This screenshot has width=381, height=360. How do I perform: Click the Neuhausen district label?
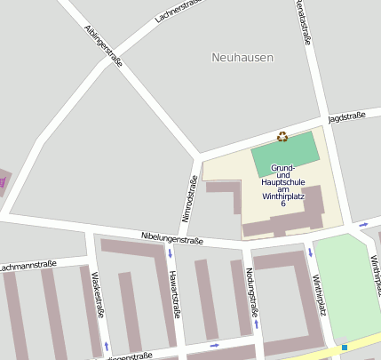(242, 58)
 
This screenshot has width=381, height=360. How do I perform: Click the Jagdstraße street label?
(346, 117)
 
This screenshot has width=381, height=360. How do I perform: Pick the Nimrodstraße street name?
(189, 198)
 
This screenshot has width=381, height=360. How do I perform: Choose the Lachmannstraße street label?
(29, 265)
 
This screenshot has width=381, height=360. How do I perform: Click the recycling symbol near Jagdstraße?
(282, 137)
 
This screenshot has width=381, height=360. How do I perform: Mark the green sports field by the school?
(284, 152)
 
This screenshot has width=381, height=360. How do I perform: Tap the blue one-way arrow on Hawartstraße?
(170, 254)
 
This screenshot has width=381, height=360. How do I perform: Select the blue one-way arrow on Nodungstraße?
(256, 324)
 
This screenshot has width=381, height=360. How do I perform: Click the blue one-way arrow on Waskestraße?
(107, 345)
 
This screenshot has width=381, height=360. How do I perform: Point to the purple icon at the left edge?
(3, 181)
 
